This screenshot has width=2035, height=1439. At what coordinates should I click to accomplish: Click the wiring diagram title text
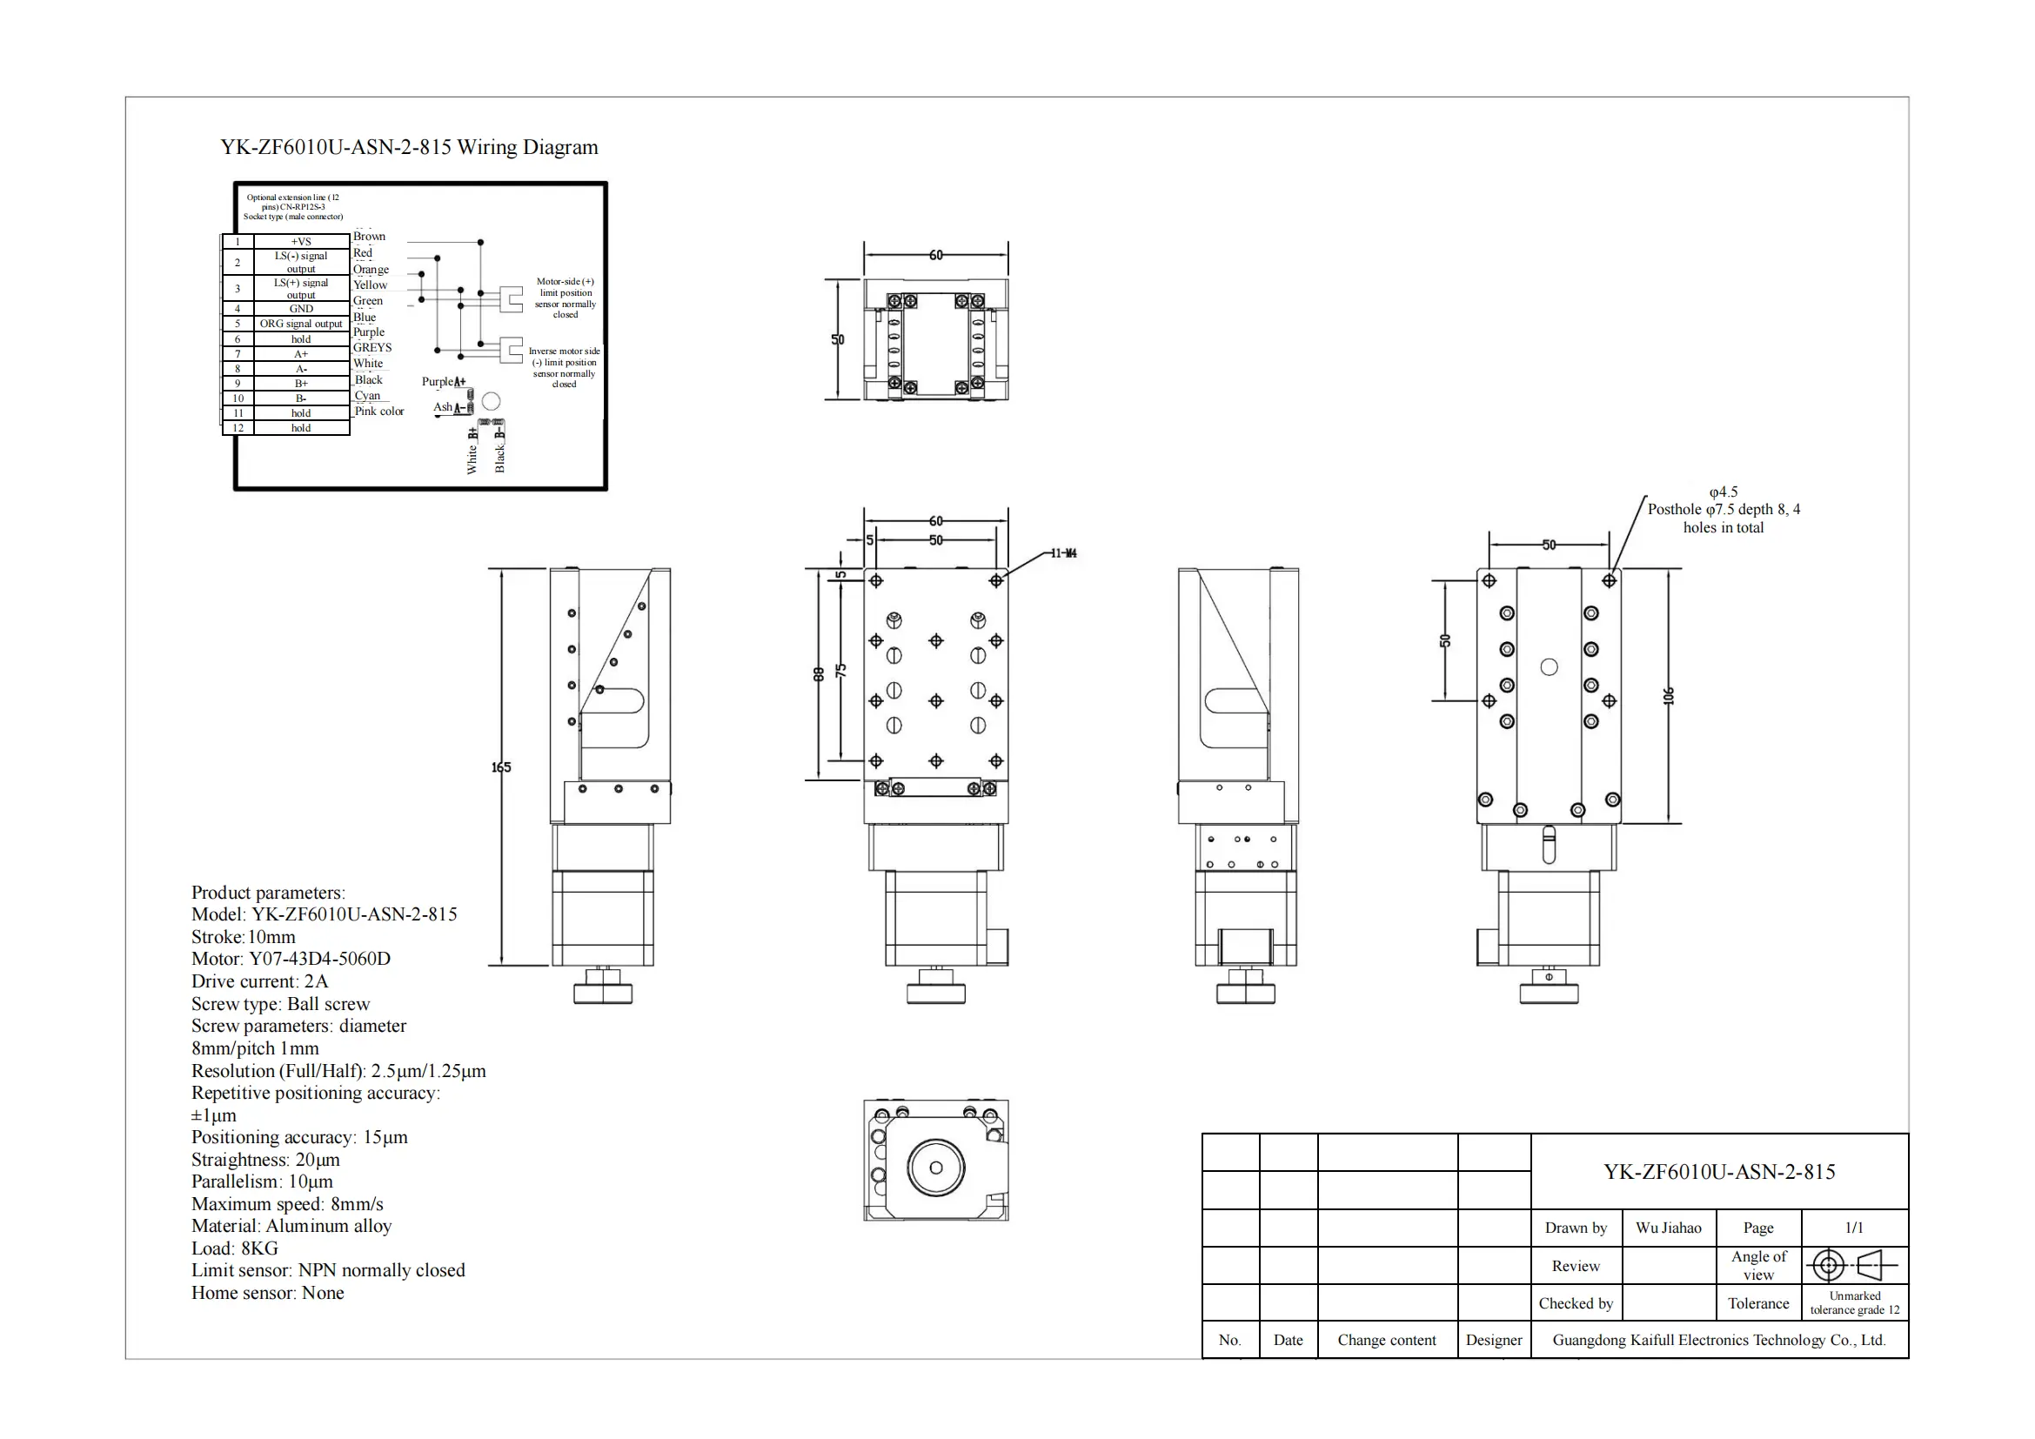click(x=409, y=147)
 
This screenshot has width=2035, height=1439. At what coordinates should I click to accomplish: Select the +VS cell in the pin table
click(x=301, y=241)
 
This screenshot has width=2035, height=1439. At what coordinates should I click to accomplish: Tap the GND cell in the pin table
click(x=301, y=308)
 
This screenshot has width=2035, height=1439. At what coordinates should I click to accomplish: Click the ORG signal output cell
click(x=300, y=324)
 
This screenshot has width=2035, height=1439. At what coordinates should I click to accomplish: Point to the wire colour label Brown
click(x=369, y=237)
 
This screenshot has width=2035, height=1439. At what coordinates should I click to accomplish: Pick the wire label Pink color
click(x=379, y=412)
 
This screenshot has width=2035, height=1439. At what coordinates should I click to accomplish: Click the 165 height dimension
click(x=502, y=767)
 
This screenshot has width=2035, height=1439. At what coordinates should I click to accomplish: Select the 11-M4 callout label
click(x=1063, y=554)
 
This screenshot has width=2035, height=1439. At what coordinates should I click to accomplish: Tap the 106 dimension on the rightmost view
click(x=1669, y=697)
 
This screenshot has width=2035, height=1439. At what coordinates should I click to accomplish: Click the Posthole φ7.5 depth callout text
click(x=1723, y=511)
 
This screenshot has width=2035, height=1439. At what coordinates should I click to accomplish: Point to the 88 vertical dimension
click(x=819, y=674)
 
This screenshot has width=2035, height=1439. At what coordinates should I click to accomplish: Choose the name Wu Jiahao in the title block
click(x=1668, y=1228)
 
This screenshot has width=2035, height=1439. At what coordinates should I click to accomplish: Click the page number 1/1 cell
click(x=1853, y=1228)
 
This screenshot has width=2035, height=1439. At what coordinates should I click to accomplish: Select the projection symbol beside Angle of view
click(x=1853, y=1265)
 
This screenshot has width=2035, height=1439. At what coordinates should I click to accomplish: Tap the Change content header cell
click(x=1386, y=1341)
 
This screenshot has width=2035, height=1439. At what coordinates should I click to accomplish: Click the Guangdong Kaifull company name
click(x=1718, y=1341)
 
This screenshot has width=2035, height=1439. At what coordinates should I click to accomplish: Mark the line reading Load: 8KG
click(x=235, y=1248)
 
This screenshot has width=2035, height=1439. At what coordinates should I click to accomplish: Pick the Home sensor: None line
click(x=268, y=1293)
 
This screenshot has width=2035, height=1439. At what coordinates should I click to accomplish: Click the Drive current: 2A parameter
click(x=259, y=981)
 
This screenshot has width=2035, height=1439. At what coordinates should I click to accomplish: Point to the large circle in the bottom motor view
click(x=935, y=1168)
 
